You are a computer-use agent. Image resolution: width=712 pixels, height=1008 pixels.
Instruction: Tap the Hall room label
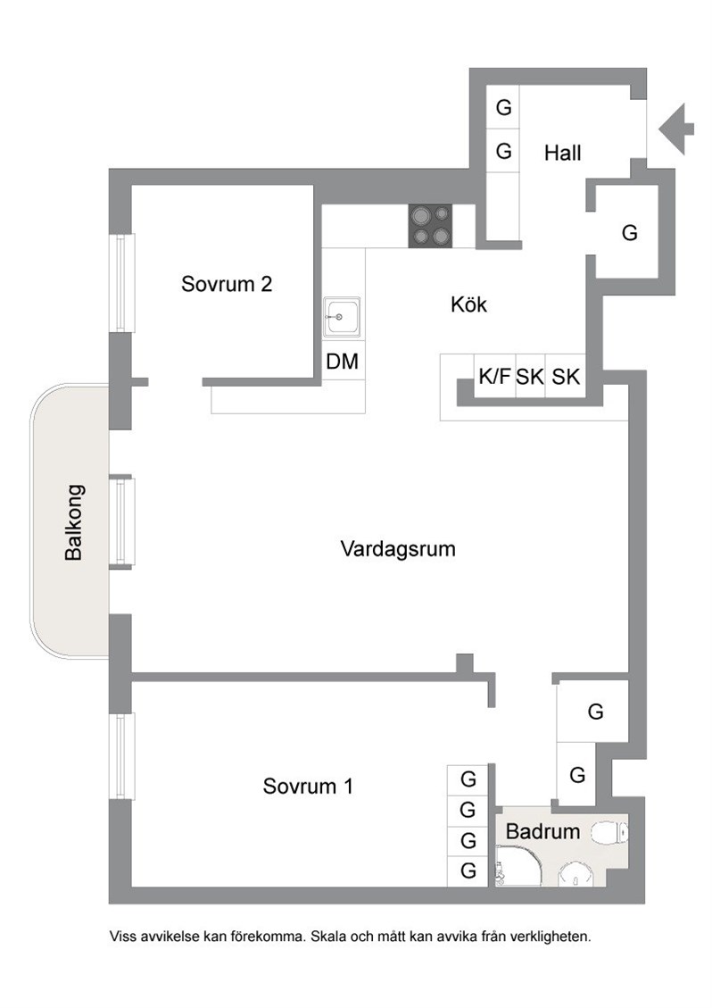click(x=562, y=153)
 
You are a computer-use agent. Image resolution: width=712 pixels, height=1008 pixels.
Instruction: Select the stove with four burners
click(x=431, y=226)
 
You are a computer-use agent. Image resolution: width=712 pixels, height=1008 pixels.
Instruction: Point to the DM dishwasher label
click(x=342, y=362)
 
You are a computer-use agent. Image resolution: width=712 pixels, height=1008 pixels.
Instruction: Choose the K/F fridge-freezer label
click(x=493, y=377)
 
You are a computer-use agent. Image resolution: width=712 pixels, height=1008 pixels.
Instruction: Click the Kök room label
click(x=468, y=304)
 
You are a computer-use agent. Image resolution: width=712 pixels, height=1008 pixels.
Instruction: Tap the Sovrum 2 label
click(x=227, y=284)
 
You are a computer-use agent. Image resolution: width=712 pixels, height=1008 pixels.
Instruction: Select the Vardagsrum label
click(x=398, y=549)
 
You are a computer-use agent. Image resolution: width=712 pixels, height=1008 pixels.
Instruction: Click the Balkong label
click(x=74, y=522)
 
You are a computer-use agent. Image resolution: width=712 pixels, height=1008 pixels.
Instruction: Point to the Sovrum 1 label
click(x=308, y=786)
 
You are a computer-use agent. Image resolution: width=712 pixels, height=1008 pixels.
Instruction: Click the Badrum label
click(x=542, y=831)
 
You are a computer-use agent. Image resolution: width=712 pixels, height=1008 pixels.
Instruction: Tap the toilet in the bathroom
click(x=609, y=833)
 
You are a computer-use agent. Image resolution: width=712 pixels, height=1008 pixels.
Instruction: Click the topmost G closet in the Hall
click(x=504, y=107)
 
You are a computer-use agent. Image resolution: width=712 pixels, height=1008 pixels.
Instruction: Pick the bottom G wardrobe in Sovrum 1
click(x=468, y=871)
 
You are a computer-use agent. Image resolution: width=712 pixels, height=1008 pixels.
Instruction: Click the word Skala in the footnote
click(x=329, y=937)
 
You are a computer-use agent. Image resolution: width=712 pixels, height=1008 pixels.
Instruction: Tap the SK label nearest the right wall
click(x=566, y=377)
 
